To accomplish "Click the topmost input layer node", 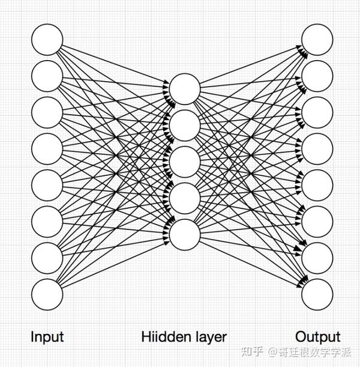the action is [x=47, y=40].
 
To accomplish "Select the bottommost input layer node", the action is [x=47, y=294].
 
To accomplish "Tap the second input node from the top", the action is [x=47, y=76].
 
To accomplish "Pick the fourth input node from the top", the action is [x=47, y=149].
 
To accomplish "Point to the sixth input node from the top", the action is [x=47, y=222].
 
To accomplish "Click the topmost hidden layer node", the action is [x=185, y=89].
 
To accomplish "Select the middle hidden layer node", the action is [x=185, y=162].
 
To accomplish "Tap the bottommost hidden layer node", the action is [x=185, y=235].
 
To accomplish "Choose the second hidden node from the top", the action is [x=185, y=126].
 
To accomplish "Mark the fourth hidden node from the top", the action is [x=185, y=198].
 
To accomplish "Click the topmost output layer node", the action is [x=317, y=40].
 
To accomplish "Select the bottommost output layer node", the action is [x=317, y=294].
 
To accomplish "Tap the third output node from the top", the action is [x=317, y=112].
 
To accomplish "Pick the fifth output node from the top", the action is [x=317, y=185].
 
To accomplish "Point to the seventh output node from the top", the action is [x=317, y=258].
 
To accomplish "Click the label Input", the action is [x=47, y=338].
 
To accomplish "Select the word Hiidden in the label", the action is [x=166, y=336].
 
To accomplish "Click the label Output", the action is [x=317, y=338].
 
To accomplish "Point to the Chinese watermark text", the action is [x=296, y=352].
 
